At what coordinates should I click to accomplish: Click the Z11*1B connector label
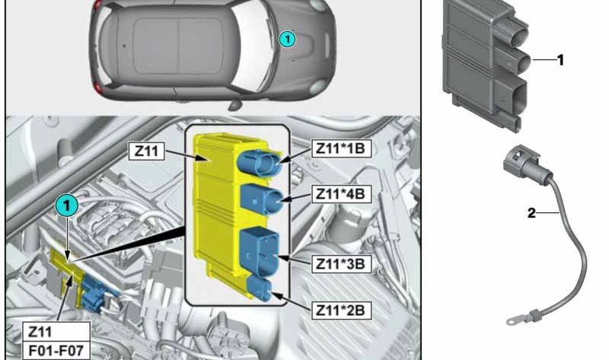click(341, 148)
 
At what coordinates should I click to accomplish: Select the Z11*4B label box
click(341, 193)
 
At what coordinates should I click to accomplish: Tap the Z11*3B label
click(341, 263)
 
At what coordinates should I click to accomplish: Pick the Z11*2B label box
click(341, 310)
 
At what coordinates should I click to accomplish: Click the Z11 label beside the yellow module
click(146, 151)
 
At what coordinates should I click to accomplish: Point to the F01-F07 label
click(56, 351)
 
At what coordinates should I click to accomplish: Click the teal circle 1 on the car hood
click(288, 39)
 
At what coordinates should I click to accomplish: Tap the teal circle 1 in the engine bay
click(67, 205)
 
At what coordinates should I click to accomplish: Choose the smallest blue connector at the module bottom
click(260, 288)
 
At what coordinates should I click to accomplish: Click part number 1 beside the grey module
click(560, 60)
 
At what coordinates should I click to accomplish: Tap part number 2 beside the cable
click(531, 212)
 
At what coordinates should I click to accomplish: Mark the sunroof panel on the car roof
click(178, 46)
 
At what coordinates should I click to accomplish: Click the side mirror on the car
click(234, 105)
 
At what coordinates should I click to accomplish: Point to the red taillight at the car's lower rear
click(97, 88)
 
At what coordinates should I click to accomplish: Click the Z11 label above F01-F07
click(40, 332)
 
